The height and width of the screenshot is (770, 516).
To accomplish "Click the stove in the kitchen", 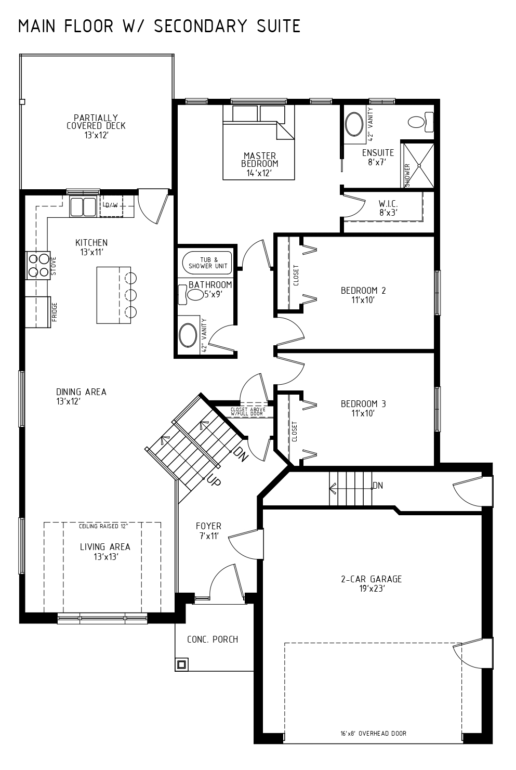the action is click(x=38, y=265).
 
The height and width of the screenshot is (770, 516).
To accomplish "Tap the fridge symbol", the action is click(x=38, y=312).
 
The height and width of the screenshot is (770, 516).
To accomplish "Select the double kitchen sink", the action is click(x=83, y=206).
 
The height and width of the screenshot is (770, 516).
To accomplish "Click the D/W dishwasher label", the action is click(x=111, y=205).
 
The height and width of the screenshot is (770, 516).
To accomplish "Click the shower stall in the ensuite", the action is click(x=418, y=165).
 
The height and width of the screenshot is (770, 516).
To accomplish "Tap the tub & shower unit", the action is click(x=207, y=263).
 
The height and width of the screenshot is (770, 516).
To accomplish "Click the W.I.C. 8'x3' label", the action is click(x=388, y=208).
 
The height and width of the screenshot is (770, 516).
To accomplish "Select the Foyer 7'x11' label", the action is click(x=208, y=531).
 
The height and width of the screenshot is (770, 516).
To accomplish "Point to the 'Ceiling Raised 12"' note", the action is click(x=103, y=526).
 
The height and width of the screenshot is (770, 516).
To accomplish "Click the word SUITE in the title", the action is click(x=279, y=26).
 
